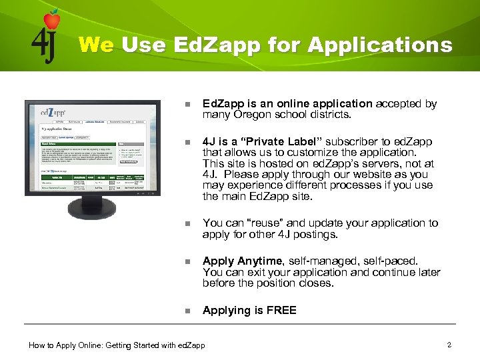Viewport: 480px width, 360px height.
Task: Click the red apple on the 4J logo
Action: point(51,20)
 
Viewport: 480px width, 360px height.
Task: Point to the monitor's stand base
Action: point(93,210)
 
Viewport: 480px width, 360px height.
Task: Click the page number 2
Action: point(449,345)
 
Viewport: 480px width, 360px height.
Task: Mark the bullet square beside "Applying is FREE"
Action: point(188,311)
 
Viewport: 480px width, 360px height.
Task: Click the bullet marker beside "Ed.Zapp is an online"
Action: point(188,105)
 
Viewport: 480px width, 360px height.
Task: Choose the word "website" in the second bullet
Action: point(367,175)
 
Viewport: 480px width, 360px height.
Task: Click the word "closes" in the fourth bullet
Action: point(312,283)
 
